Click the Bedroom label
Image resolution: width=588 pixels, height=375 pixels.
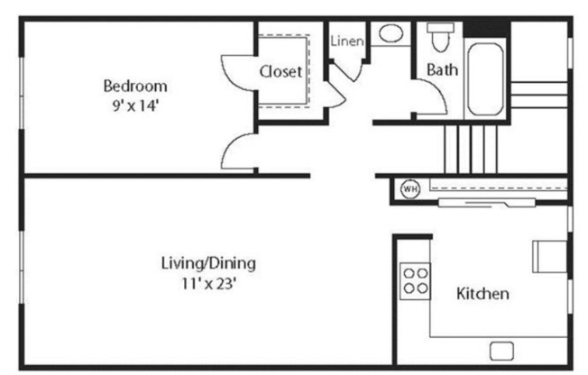(x=135, y=87)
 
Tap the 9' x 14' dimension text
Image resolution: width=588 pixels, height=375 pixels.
(x=135, y=104)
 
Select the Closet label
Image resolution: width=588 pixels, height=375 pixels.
(x=280, y=71)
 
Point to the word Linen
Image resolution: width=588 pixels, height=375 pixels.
(x=347, y=41)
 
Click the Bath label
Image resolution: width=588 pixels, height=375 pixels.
(x=441, y=69)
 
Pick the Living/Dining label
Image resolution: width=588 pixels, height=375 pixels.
(x=208, y=263)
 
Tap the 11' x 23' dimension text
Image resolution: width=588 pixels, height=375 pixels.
(x=208, y=281)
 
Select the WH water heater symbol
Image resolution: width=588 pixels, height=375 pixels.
(x=409, y=189)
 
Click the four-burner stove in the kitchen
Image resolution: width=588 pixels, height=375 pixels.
(x=414, y=279)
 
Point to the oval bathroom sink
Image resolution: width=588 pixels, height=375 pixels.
(x=390, y=34)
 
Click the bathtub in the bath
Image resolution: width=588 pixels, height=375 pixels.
(x=486, y=77)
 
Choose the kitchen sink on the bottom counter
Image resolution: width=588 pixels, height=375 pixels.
(x=500, y=350)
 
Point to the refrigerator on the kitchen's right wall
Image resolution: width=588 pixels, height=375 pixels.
(x=547, y=255)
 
